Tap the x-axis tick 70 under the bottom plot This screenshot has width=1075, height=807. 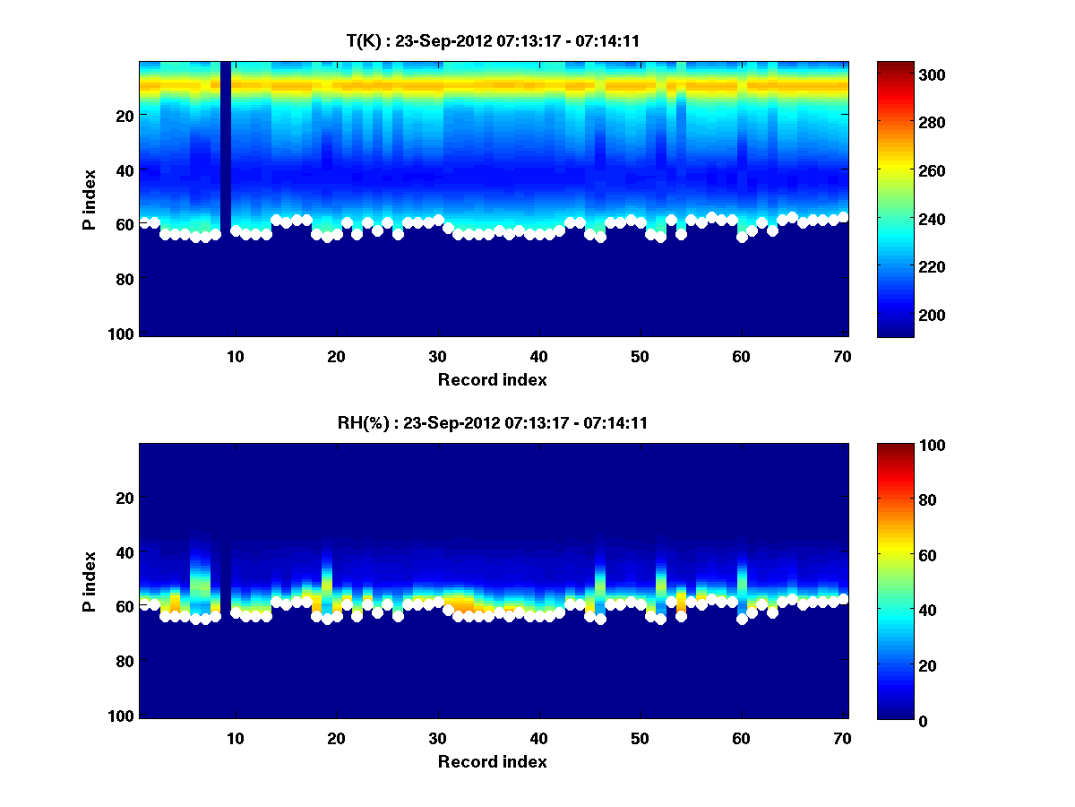point(843,738)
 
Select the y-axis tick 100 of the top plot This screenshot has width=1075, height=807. point(123,334)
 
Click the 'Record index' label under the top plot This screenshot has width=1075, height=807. point(492,379)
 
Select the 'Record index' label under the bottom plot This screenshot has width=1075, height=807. point(492,761)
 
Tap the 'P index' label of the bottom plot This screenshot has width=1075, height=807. point(90,582)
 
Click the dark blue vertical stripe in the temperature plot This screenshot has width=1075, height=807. point(226,143)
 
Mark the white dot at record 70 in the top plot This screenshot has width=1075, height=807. point(843,217)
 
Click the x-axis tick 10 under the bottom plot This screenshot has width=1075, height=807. point(236,738)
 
